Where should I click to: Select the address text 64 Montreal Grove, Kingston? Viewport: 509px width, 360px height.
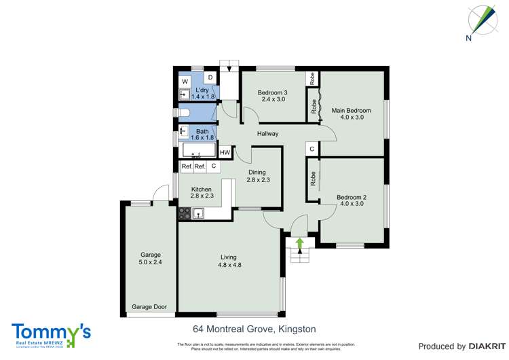[x=254, y=329]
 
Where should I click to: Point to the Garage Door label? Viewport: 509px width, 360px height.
[x=149, y=307]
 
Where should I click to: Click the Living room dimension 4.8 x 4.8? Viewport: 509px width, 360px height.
[x=228, y=266]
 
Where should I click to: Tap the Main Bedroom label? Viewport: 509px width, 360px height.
[x=351, y=110]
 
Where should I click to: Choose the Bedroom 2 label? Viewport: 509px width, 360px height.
[x=351, y=198]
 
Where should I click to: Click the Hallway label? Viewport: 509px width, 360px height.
[x=267, y=134]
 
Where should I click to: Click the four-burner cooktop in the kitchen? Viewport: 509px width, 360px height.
[x=185, y=214]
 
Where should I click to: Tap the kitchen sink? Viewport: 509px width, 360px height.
[x=199, y=214]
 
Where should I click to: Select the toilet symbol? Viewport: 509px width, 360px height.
[x=183, y=113]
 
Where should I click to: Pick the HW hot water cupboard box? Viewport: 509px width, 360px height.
[x=225, y=152]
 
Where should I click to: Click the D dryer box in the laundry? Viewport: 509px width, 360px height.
[x=210, y=78]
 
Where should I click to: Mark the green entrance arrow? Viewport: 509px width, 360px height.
[x=299, y=242]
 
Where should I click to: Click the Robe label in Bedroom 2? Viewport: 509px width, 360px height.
[x=313, y=179]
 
